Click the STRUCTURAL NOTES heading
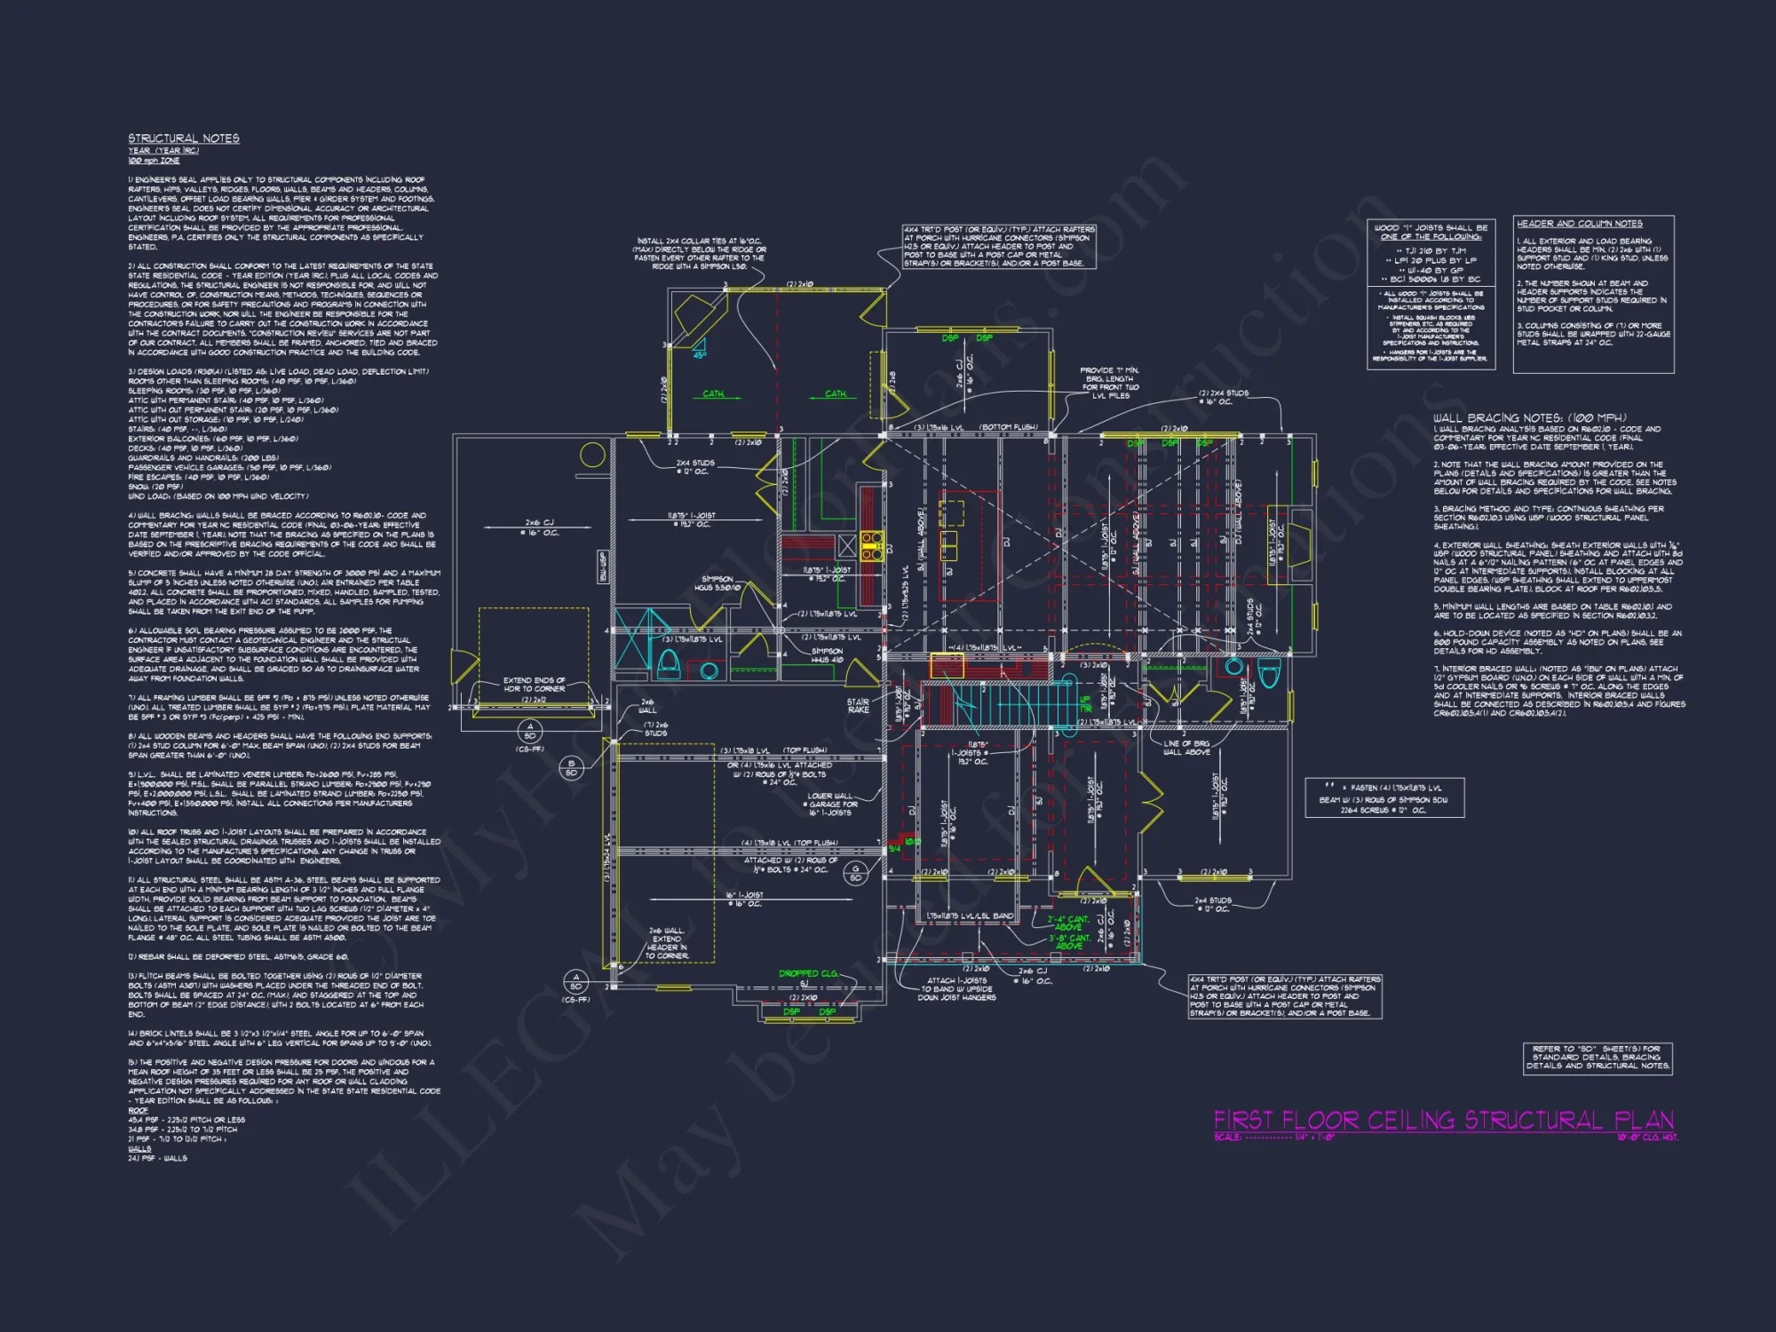(x=184, y=139)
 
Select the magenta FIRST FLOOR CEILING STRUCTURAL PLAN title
(x=1443, y=1120)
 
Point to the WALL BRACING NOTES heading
(x=1529, y=417)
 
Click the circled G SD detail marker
(x=855, y=872)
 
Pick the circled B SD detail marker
(x=571, y=767)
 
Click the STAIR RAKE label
(x=858, y=705)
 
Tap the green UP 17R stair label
(x=1085, y=703)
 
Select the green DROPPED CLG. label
(x=808, y=973)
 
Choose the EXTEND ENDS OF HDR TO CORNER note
(x=534, y=684)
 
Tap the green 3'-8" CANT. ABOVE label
(x=1069, y=941)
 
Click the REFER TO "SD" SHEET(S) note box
(x=1598, y=1057)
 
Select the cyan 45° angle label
(x=700, y=354)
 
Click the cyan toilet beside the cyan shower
(x=668, y=661)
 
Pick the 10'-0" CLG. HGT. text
(x=1646, y=1137)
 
